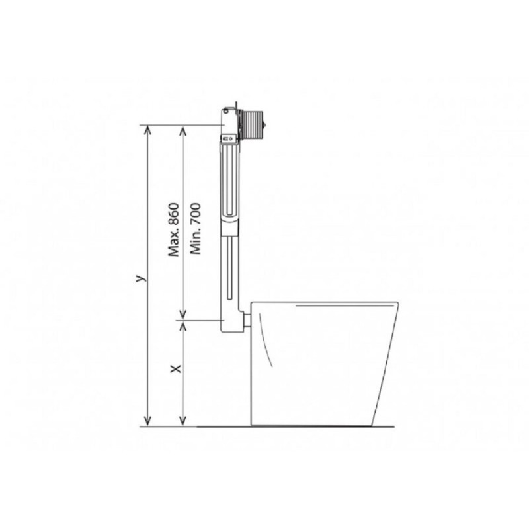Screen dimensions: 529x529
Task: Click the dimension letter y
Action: [141, 278]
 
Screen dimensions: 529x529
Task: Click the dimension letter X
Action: [176, 369]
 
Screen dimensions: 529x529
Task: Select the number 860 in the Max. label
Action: [174, 214]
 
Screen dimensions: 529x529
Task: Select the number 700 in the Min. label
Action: [196, 214]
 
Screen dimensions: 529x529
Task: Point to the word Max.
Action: [174, 242]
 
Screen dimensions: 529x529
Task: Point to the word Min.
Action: [196, 241]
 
